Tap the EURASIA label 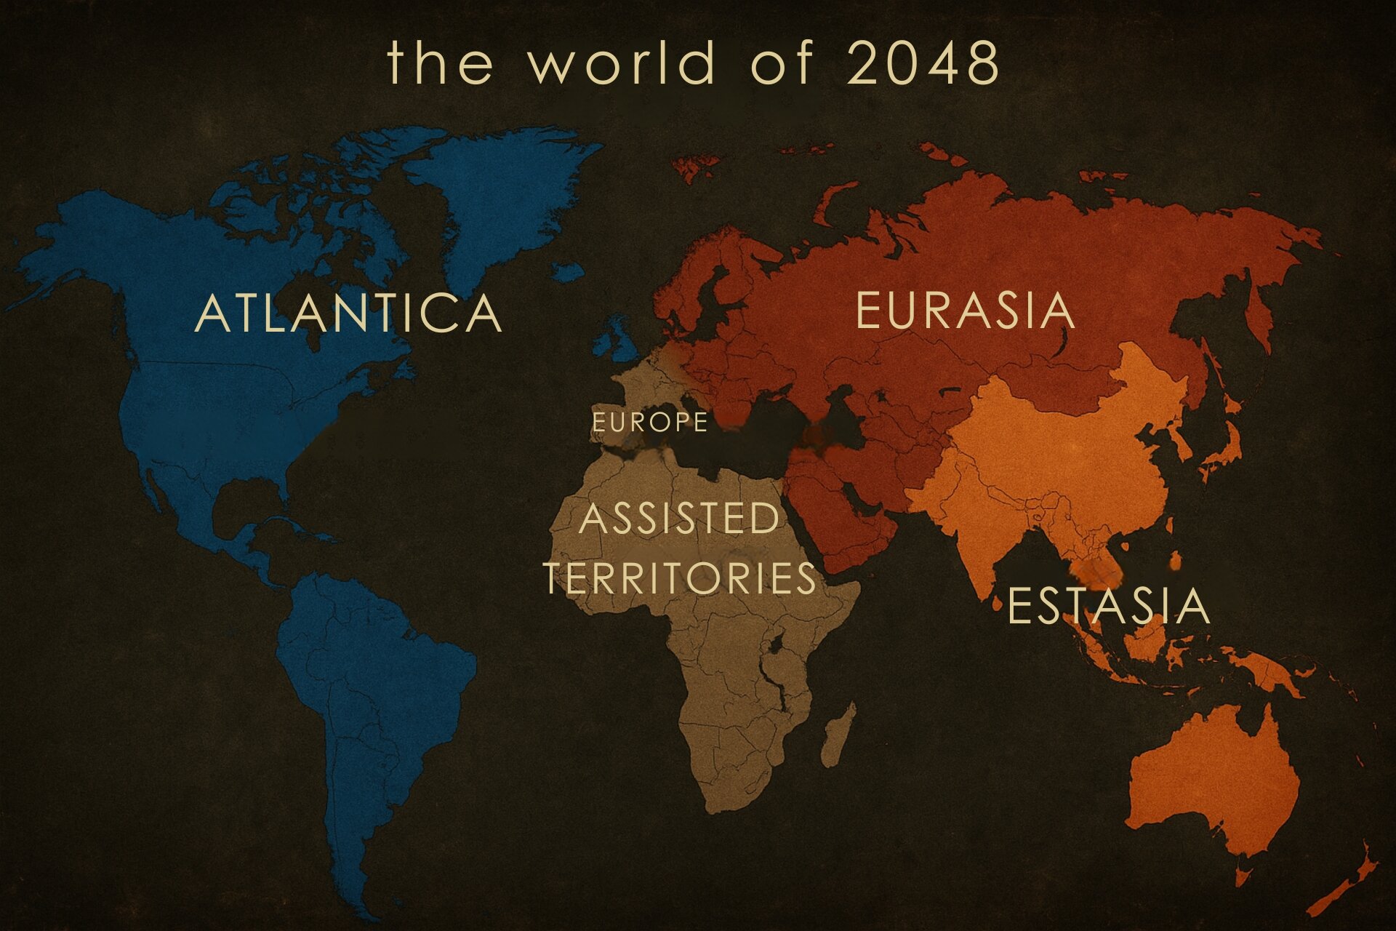(x=965, y=311)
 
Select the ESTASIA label (x=1108, y=606)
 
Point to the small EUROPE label (x=649, y=423)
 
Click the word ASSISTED (x=679, y=519)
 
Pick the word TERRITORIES (x=680, y=578)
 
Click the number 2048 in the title (x=923, y=63)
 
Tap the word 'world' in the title (x=622, y=63)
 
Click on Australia (x=1214, y=778)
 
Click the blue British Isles (x=618, y=342)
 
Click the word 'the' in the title (x=440, y=63)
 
